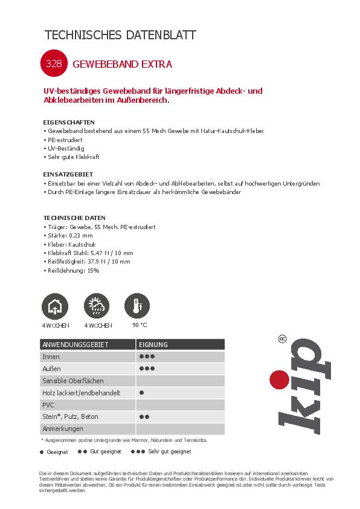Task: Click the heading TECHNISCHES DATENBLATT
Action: pos(121,35)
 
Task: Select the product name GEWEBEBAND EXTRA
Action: pos(123,63)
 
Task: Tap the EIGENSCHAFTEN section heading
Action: pos(69,122)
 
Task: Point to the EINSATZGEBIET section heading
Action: pos(68,174)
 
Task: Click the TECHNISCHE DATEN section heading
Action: pos(74,218)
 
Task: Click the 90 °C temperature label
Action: pos(140,325)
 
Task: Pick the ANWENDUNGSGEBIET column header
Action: pos(75,345)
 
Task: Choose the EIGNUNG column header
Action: pos(153,345)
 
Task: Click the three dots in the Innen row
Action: pos(147,357)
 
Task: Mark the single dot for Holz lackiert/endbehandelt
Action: pos(141,392)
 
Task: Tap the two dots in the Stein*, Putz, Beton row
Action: pos(144,417)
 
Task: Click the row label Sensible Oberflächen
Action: pos(72,381)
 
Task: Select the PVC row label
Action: pos(48,404)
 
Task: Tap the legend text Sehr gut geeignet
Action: pos(170,452)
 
